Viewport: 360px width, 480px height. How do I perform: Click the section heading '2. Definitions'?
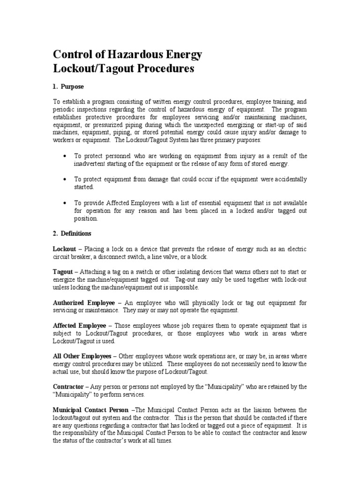(x=72, y=233)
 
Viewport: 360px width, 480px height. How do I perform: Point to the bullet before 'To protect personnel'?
(x=63, y=156)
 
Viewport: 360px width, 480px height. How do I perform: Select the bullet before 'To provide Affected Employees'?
(x=63, y=203)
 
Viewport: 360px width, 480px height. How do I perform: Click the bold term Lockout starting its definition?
(x=63, y=249)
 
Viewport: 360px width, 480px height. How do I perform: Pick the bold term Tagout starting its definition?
(x=62, y=272)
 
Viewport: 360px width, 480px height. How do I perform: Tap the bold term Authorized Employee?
(x=83, y=303)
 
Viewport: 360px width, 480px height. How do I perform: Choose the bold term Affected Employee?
(x=80, y=325)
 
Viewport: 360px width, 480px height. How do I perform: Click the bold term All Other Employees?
(x=82, y=356)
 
